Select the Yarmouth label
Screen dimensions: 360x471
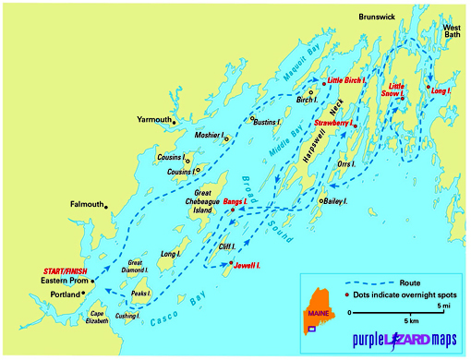coord(153,120)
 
